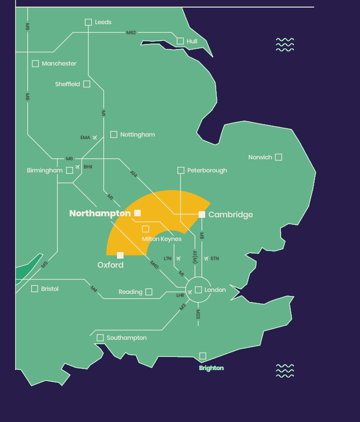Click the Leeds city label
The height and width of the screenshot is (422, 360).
103,22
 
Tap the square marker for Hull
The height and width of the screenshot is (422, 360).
180,41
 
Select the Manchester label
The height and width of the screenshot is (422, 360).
59,64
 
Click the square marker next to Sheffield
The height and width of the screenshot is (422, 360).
87,84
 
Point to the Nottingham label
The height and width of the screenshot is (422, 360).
137,135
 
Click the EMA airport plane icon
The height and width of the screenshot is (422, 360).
95,137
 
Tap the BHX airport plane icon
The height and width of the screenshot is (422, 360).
78,167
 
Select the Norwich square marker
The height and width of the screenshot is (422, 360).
278,157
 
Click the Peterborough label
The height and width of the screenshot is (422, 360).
207,170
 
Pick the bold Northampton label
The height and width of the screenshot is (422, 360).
100,213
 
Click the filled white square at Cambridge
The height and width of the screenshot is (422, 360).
202,214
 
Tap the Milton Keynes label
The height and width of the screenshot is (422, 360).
161,239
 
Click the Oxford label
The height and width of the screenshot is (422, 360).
110,265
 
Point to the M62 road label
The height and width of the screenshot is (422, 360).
131,33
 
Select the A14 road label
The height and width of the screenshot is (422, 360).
133,174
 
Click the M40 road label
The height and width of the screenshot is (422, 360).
154,263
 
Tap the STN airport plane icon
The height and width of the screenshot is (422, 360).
206,259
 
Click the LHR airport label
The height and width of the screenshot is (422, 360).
180,295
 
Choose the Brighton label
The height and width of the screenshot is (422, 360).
211,368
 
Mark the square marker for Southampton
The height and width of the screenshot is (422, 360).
100,338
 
